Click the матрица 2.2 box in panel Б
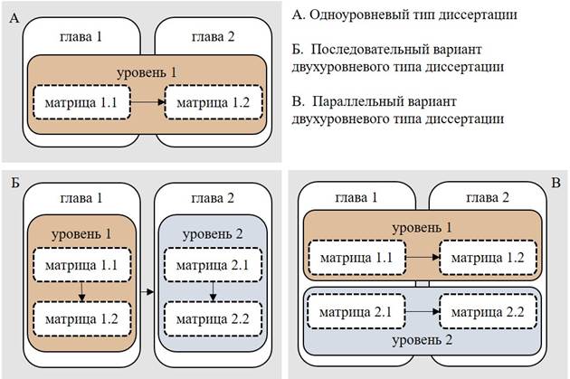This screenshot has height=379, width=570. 211,318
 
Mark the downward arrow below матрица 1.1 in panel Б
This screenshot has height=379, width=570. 81,291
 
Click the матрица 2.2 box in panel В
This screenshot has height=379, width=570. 489,311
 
